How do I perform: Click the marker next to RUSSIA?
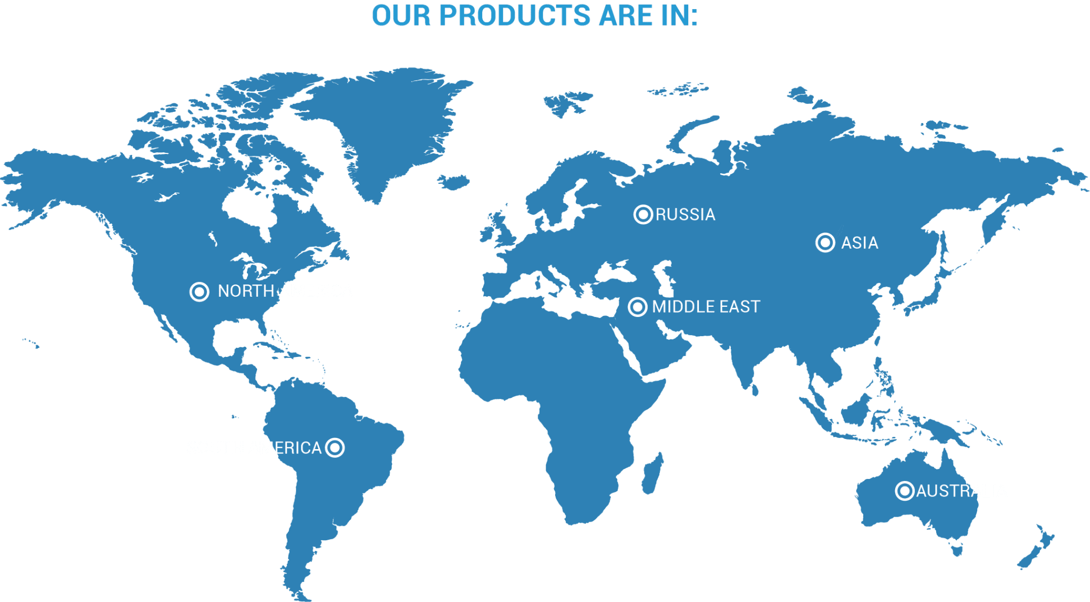[x=643, y=214]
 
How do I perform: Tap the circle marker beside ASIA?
[x=825, y=242]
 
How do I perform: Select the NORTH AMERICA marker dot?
[x=199, y=291]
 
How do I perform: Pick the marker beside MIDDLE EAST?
[x=637, y=307]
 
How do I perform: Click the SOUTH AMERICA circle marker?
[x=335, y=448]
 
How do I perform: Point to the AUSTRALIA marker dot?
[x=904, y=491]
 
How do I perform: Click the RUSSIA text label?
[x=686, y=214]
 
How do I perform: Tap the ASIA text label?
[x=860, y=243]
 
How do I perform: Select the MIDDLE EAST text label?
[x=706, y=307]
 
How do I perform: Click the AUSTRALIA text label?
[x=961, y=491]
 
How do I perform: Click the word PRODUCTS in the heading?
[x=515, y=15]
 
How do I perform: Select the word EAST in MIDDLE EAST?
[x=740, y=307]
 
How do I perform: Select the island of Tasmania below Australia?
[x=956, y=548]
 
